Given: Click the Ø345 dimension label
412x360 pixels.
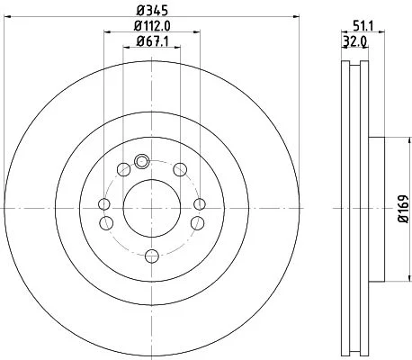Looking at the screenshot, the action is pos(152,11).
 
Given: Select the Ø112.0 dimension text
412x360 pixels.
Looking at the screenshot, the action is pos(152,26).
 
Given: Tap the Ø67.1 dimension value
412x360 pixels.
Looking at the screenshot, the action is pos(152,41).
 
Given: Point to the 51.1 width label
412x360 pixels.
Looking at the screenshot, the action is pos(363,27).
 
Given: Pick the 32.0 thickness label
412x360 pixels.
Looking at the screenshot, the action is pos(354,42).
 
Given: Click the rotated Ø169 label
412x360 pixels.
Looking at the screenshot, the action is pos(404,209).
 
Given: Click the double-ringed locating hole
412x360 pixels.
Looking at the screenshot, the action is pos(141,161).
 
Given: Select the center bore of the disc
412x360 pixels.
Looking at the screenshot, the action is pos(152,208).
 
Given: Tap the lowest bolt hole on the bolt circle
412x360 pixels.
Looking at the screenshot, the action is pos(152,256).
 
